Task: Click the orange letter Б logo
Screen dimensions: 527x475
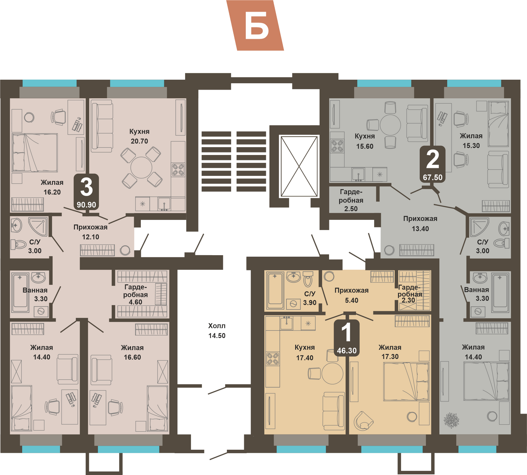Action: (x=255, y=26)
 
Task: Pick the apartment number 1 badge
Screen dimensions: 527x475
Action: (x=347, y=338)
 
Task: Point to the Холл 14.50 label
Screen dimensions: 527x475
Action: (x=217, y=331)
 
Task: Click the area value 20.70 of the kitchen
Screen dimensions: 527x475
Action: (x=139, y=141)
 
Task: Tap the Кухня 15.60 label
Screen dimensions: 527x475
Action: (x=365, y=141)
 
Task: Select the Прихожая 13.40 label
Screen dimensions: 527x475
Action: (x=420, y=224)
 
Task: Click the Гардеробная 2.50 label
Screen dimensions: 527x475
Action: (x=351, y=200)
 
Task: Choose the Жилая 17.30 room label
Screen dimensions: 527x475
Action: (x=390, y=352)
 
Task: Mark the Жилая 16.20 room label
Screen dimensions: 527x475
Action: (x=52, y=187)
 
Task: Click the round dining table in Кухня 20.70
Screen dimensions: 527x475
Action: (x=141, y=167)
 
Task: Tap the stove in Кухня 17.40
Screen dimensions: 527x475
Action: (x=273, y=359)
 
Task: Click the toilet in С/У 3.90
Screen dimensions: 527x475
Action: (x=308, y=279)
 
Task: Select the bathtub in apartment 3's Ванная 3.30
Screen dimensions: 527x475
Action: (x=20, y=292)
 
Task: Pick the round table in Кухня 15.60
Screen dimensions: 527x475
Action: (x=390, y=125)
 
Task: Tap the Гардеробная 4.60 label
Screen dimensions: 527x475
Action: (x=135, y=294)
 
